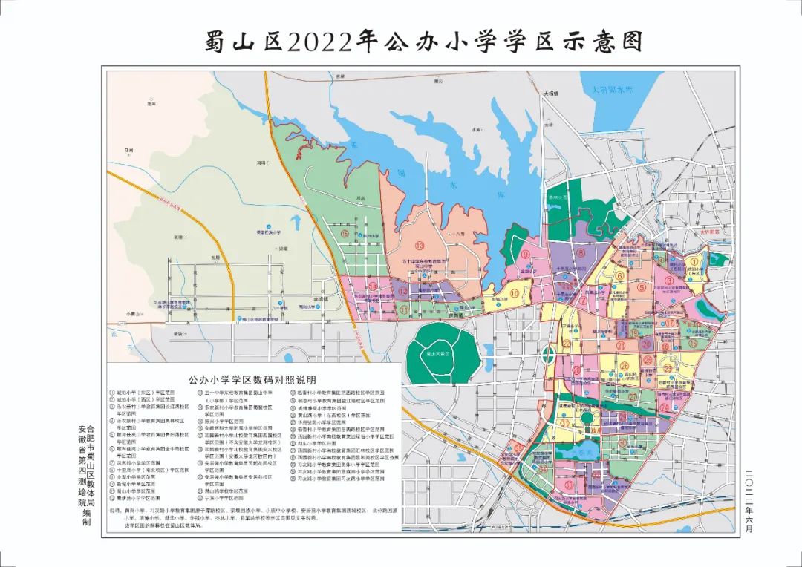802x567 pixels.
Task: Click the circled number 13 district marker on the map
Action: pos(420,246)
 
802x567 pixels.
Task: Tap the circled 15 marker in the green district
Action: pos(346,233)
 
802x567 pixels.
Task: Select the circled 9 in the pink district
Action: pos(525,255)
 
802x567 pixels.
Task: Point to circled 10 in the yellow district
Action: pos(514,293)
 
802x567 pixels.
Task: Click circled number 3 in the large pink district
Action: pos(669,280)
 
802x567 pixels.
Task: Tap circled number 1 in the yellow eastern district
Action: pos(695,260)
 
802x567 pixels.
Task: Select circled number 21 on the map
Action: pos(619,346)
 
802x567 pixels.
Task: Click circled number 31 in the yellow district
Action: pos(565,423)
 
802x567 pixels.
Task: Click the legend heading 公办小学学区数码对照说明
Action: pos(254,377)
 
